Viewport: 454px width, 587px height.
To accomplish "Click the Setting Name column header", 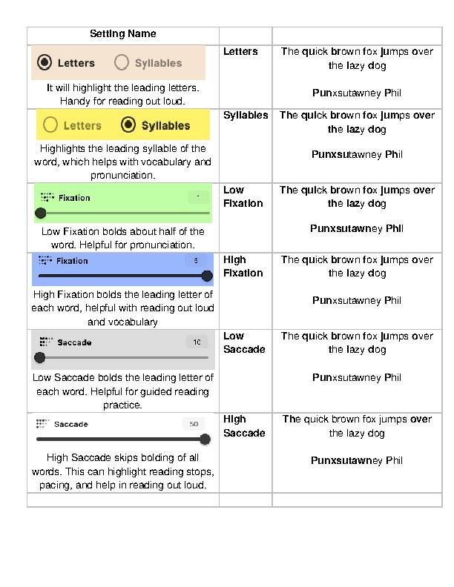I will [122, 34].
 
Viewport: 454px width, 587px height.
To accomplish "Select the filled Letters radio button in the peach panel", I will [45, 63].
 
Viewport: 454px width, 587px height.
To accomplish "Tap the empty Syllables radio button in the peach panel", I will [122, 63].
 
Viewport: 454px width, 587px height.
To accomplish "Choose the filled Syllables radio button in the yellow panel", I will [128, 125].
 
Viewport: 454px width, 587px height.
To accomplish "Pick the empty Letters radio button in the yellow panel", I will [50, 125].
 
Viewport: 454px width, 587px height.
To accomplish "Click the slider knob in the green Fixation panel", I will [41, 213].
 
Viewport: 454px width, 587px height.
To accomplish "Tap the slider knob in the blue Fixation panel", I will [207, 276].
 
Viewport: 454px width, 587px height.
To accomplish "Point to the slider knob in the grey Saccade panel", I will [40, 357].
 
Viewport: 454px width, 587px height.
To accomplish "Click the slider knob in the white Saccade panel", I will [205, 439].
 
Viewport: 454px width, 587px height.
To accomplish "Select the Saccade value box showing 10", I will [197, 342].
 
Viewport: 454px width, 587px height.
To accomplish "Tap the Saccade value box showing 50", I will [194, 424].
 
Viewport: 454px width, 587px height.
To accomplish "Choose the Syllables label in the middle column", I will [246, 115].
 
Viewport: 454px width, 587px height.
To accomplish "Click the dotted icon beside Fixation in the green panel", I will [47, 197].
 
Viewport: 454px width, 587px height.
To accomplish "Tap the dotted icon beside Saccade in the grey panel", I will [45, 342].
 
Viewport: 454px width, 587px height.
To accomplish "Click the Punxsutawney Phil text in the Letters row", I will [357, 93].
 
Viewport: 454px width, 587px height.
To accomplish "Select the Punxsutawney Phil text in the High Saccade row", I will [357, 460].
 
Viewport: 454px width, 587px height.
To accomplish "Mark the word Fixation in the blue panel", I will [72, 261].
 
